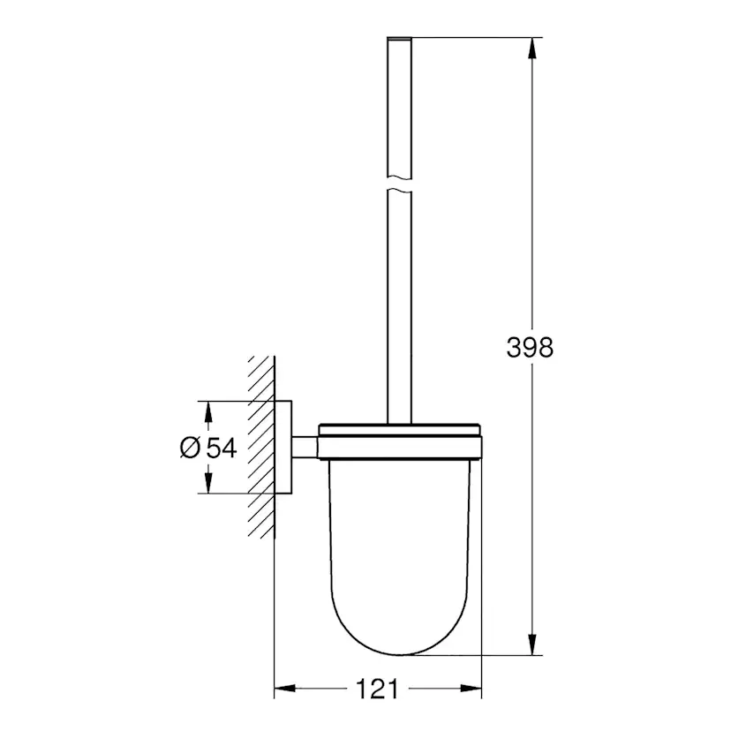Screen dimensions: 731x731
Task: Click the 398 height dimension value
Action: pos(530,347)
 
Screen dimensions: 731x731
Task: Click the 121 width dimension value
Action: pos(379,688)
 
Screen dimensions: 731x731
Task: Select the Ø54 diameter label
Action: pos(208,448)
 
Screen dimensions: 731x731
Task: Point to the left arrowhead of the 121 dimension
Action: pos(285,688)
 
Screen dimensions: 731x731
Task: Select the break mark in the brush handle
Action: pos(400,186)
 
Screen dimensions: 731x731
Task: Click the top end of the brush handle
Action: pos(400,40)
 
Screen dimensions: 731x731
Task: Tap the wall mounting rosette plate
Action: pos(284,447)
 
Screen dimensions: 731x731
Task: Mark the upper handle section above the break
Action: pos(400,106)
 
